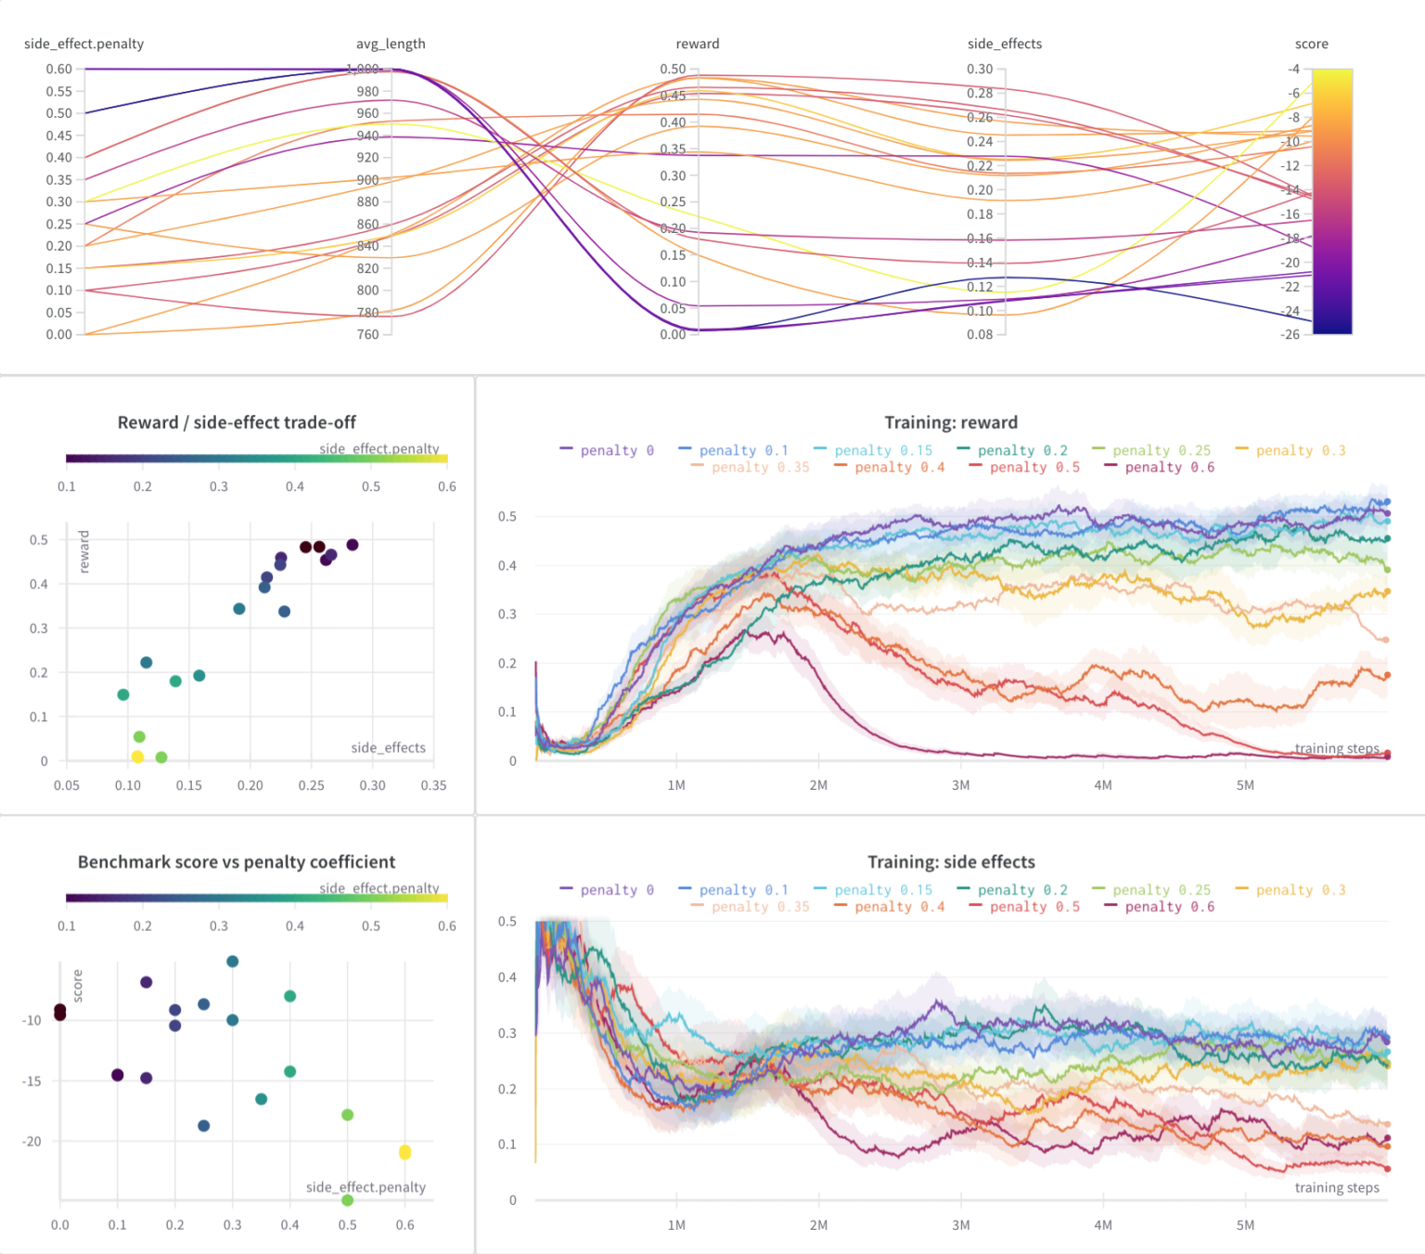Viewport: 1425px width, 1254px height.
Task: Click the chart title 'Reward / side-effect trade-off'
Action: click(x=237, y=422)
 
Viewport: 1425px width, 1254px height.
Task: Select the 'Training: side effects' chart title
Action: click(x=951, y=861)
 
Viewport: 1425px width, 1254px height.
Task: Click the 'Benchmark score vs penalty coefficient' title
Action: click(x=237, y=861)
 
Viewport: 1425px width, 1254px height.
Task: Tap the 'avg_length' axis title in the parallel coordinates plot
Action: click(x=391, y=44)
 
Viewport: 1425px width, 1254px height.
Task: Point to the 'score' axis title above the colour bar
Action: click(x=1311, y=44)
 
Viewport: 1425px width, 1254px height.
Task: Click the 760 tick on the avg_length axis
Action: click(x=367, y=334)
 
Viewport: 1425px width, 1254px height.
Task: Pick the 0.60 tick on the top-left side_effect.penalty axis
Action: click(x=58, y=69)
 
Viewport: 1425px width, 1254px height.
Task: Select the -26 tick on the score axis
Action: click(x=1290, y=334)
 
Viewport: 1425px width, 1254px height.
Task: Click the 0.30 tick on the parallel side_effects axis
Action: click(x=980, y=69)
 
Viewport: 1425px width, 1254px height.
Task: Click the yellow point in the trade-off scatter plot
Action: click(x=137, y=756)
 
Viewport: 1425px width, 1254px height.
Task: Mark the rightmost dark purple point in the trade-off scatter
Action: click(x=352, y=545)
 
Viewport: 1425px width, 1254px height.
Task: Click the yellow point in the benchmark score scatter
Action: click(x=404, y=1152)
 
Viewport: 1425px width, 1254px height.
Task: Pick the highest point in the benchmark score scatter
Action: click(x=232, y=962)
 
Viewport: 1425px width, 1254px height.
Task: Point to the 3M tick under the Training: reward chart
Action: click(x=960, y=785)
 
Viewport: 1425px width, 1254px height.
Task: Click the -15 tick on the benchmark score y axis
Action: click(x=32, y=1081)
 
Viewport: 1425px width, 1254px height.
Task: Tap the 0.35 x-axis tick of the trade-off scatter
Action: click(x=433, y=785)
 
